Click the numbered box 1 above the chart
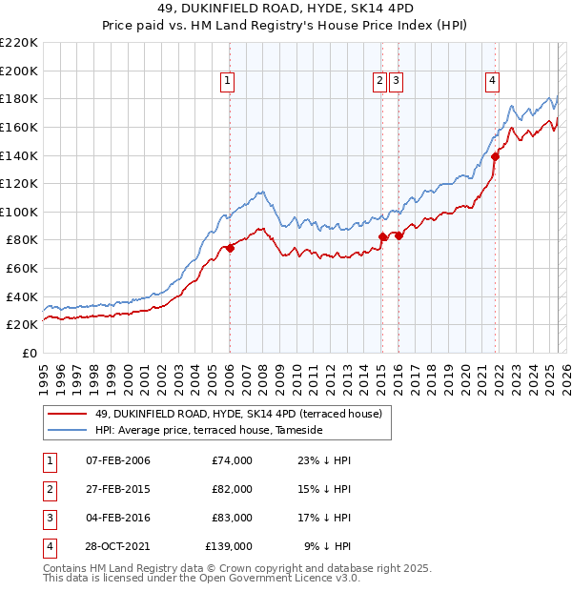(x=229, y=82)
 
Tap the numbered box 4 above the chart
(x=492, y=82)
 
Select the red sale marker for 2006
(x=230, y=248)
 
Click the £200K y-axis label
(x=20, y=71)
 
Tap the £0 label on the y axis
(x=29, y=353)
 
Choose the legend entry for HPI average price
(x=209, y=431)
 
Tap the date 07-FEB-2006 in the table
(x=117, y=460)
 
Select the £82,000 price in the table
(x=233, y=489)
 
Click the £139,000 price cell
(x=229, y=546)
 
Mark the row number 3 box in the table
(x=49, y=518)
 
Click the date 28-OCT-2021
(x=117, y=546)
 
